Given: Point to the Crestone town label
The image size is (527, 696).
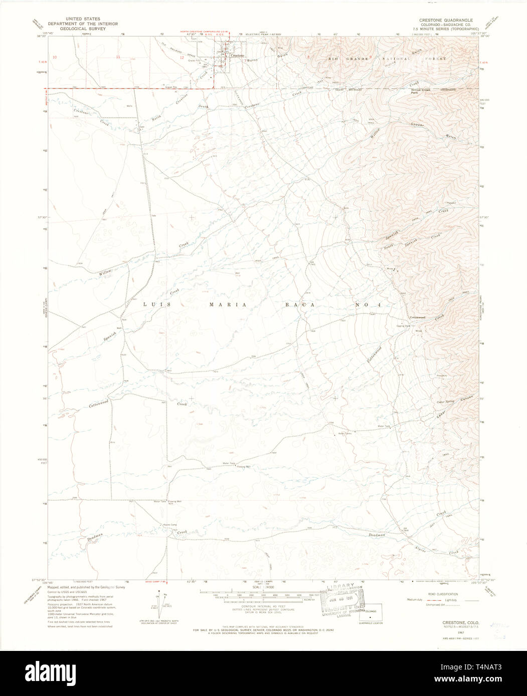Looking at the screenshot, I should pyautogui.click(x=238, y=55).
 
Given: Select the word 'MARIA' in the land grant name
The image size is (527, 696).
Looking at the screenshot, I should pyautogui.click(x=228, y=304).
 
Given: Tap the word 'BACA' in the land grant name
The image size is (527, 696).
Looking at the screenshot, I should pyautogui.click(x=300, y=304).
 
